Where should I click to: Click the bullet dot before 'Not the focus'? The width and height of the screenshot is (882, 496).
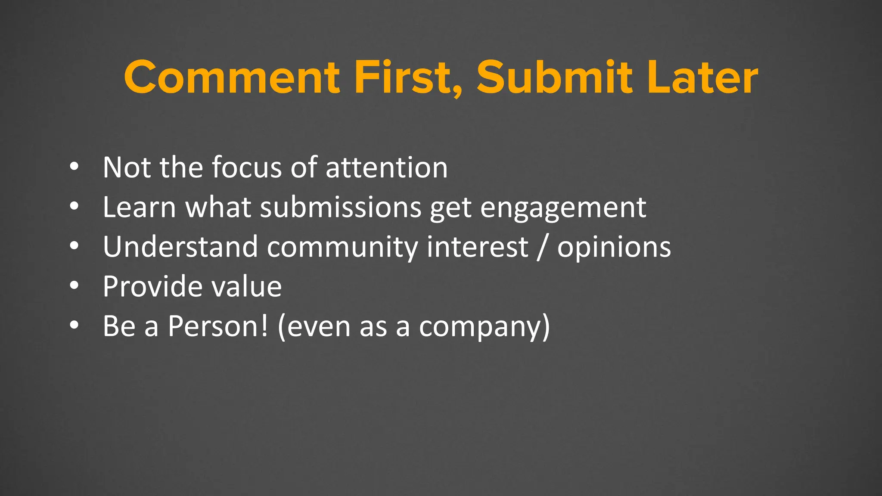tap(74, 167)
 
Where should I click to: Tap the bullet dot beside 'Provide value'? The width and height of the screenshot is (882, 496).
tap(74, 286)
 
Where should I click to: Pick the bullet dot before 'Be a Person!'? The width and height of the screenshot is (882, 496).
tap(74, 325)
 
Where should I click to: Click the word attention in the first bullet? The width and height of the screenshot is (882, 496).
tap(387, 167)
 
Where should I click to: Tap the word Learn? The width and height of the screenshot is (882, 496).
tap(139, 208)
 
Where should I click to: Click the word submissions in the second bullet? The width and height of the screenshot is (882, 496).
tap(341, 208)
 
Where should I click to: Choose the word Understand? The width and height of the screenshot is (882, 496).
tap(180, 247)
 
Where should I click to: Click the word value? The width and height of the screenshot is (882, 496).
tap(244, 287)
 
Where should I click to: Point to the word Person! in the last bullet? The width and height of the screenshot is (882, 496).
tap(218, 326)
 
